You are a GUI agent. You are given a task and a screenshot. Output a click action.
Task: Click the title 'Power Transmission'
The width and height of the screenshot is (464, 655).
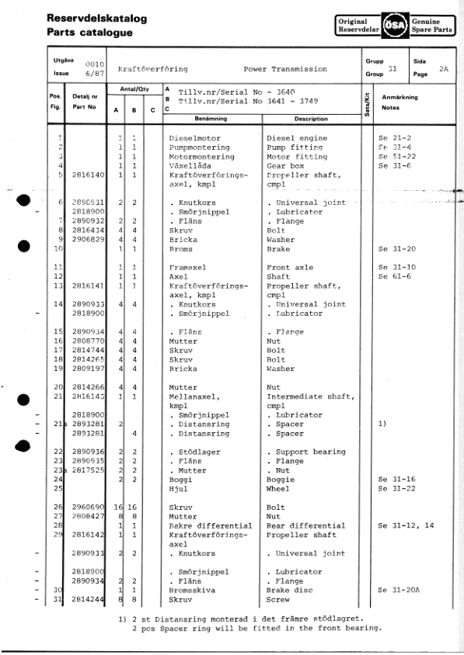pos(284,69)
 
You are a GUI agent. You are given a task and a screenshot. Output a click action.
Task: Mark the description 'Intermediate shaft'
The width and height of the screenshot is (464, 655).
pos(311,396)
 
